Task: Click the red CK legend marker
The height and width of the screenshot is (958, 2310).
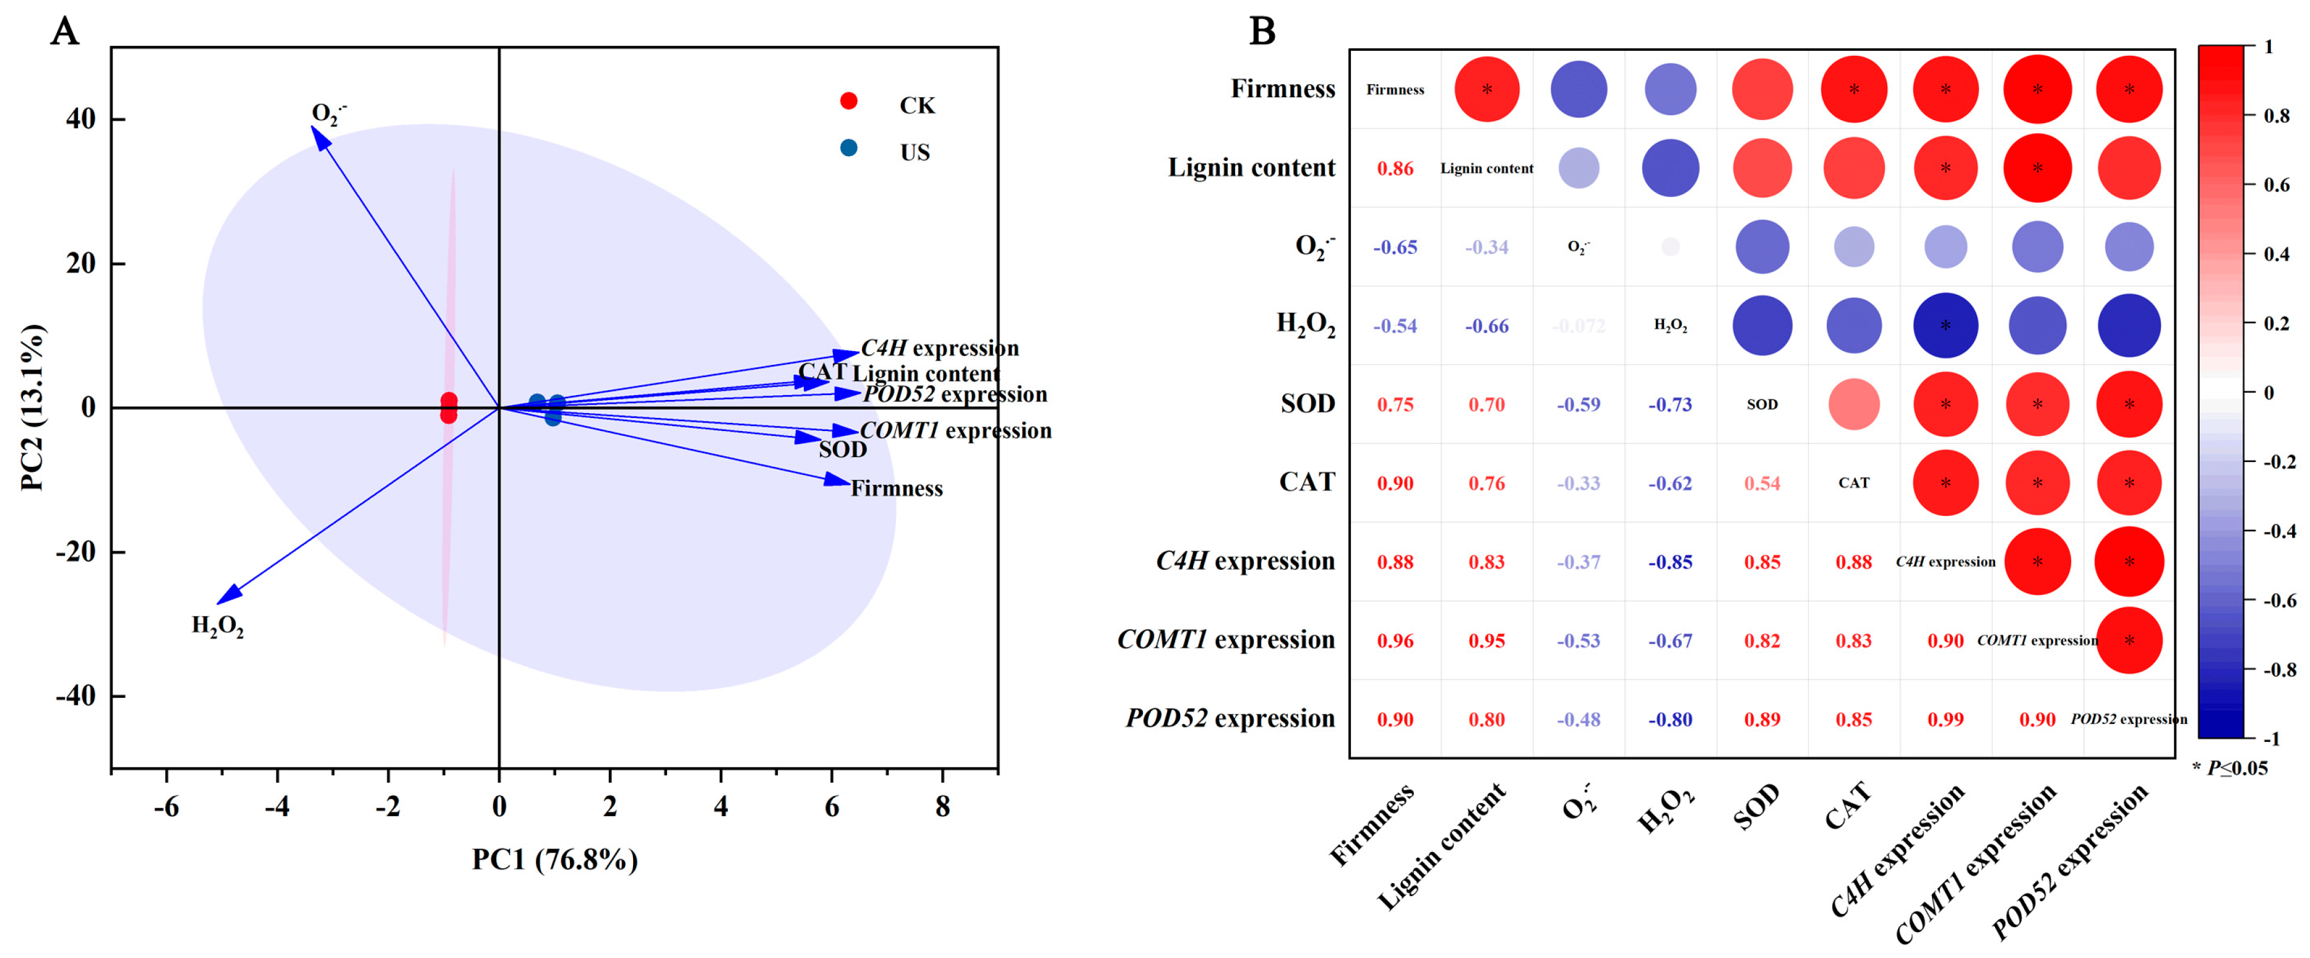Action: pos(848,102)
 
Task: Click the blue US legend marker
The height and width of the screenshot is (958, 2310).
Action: pos(848,148)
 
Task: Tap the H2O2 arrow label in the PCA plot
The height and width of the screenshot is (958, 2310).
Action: pos(218,626)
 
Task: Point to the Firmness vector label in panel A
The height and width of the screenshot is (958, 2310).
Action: pos(897,489)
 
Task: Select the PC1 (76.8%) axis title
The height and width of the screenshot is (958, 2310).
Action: pos(555,860)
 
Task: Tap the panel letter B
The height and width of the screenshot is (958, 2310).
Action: pos(1262,32)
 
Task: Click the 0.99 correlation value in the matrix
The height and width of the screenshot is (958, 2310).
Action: pos(1945,720)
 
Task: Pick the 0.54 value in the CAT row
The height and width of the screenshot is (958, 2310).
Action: pos(1762,484)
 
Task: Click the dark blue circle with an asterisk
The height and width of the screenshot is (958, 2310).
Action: pos(1945,326)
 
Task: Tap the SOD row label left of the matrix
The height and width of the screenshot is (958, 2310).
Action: pos(1308,404)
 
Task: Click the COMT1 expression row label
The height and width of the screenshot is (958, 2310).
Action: pos(1226,640)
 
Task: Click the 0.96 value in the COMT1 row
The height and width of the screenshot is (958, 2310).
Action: pos(1395,640)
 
